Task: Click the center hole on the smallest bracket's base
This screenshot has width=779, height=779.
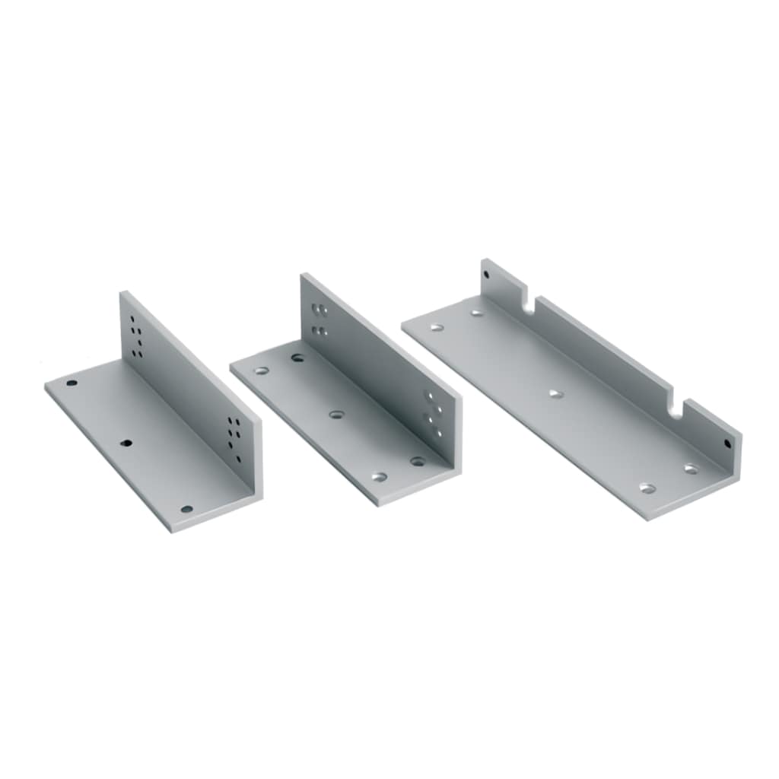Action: [x=126, y=443]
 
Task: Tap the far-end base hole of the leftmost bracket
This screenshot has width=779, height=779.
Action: [x=72, y=383]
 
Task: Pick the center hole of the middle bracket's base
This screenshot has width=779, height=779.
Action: [x=336, y=415]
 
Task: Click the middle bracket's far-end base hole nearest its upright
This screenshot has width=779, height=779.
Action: [x=297, y=357]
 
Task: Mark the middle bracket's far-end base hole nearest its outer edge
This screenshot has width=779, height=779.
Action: [x=262, y=371]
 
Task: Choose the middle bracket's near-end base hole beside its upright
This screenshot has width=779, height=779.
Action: [x=418, y=461]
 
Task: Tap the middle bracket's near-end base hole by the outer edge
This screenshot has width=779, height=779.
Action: [x=379, y=477]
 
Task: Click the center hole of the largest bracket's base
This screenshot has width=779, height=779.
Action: [x=555, y=393]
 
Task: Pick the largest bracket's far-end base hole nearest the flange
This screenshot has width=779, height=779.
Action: [x=476, y=312]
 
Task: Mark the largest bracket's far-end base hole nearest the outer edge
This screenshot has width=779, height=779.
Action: [x=437, y=328]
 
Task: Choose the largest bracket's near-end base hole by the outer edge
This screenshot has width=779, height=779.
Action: [x=648, y=488]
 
